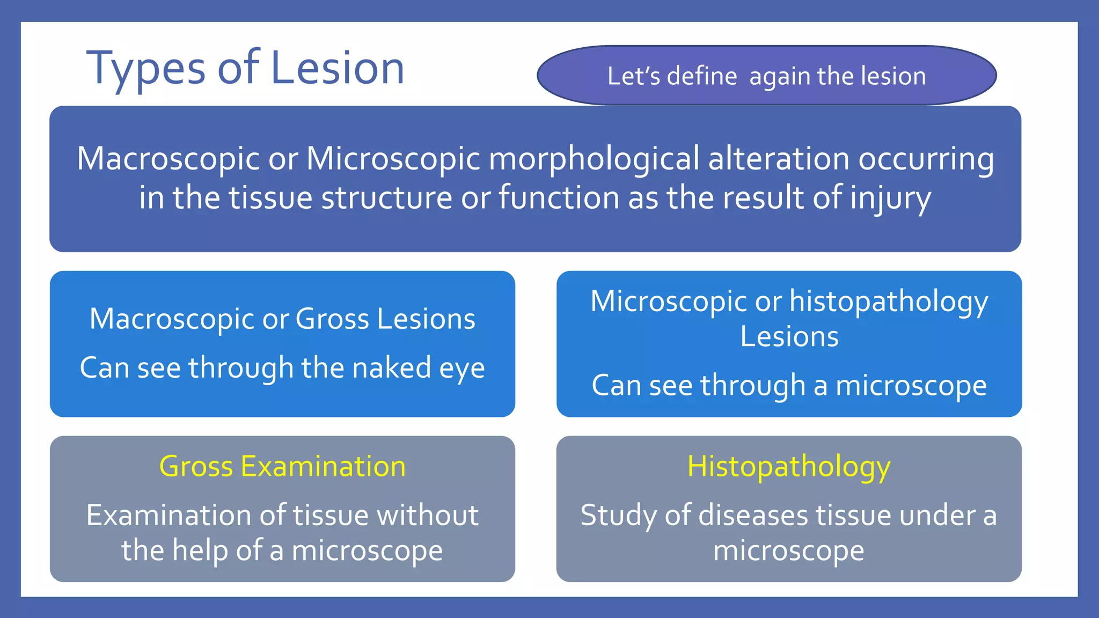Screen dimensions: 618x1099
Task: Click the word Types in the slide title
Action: point(145,69)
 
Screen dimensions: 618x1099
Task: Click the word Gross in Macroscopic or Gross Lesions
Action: point(332,319)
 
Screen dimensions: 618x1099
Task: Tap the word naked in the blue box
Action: point(392,368)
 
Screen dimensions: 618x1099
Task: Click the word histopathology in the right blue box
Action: point(888,301)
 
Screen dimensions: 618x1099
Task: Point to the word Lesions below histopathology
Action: point(789,337)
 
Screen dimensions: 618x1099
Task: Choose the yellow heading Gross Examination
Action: point(282,466)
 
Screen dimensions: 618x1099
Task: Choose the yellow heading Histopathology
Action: point(789,467)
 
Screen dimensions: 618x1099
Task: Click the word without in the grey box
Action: point(427,515)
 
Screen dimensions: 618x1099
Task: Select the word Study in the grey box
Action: point(618,516)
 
